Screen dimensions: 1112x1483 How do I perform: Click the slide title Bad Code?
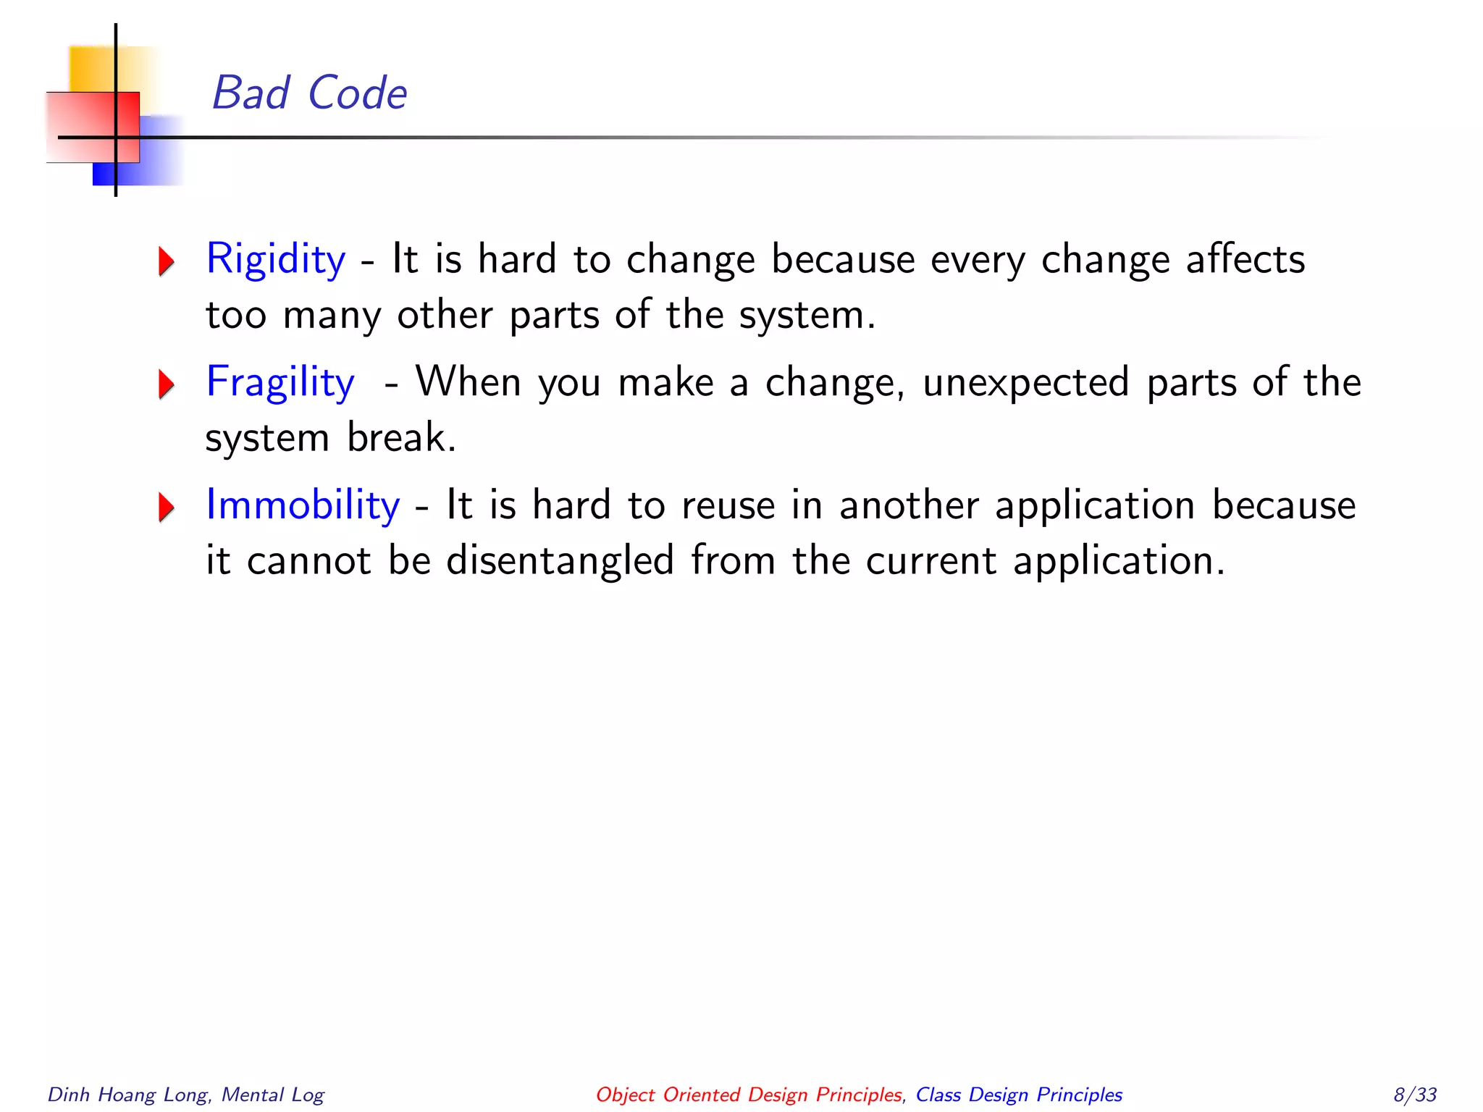coord(309,93)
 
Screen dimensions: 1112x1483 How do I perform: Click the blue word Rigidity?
coord(276,259)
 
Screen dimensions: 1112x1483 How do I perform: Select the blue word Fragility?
coord(280,382)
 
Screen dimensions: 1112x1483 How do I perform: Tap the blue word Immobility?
coord(303,505)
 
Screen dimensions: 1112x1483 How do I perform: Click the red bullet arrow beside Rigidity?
coord(167,261)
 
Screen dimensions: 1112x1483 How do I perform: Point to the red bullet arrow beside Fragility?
coord(167,384)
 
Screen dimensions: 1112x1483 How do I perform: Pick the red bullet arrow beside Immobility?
coord(167,507)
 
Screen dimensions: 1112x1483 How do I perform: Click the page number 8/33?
coord(1414,1094)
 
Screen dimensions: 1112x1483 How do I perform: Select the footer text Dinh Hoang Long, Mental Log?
coord(186,1094)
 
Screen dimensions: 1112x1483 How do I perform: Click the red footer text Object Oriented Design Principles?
coord(749,1094)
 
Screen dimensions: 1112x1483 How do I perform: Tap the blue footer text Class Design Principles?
coord(1019,1094)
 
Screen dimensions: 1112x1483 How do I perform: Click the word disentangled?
coord(560,561)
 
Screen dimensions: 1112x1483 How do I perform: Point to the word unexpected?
coord(1025,382)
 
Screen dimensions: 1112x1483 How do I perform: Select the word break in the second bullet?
coord(401,437)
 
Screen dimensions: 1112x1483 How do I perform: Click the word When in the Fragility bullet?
coord(468,382)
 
